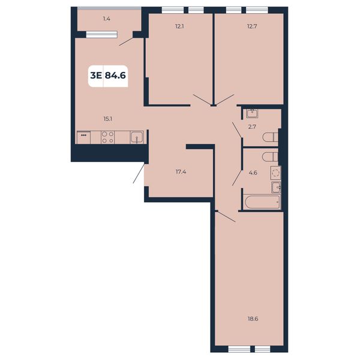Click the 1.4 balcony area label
point(107,19)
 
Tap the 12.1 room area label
point(179,26)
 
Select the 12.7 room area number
point(252,26)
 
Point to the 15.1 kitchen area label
point(107,119)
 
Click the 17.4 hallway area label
point(181,172)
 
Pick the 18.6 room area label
point(253,319)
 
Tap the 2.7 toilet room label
point(252,127)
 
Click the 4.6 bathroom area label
point(253,172)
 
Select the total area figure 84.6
point(115,76)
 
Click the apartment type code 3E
point(96,76)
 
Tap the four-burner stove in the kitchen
point(107,137)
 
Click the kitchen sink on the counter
point(137,137)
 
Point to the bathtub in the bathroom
point(262,202)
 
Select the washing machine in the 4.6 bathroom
point(275,173)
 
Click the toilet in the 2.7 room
point(271,137)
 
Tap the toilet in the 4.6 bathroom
point(271,157)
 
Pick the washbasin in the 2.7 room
point(252,113)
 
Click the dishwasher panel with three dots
point(83,137)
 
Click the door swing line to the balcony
point(126,41)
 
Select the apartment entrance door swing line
point(139,173)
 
